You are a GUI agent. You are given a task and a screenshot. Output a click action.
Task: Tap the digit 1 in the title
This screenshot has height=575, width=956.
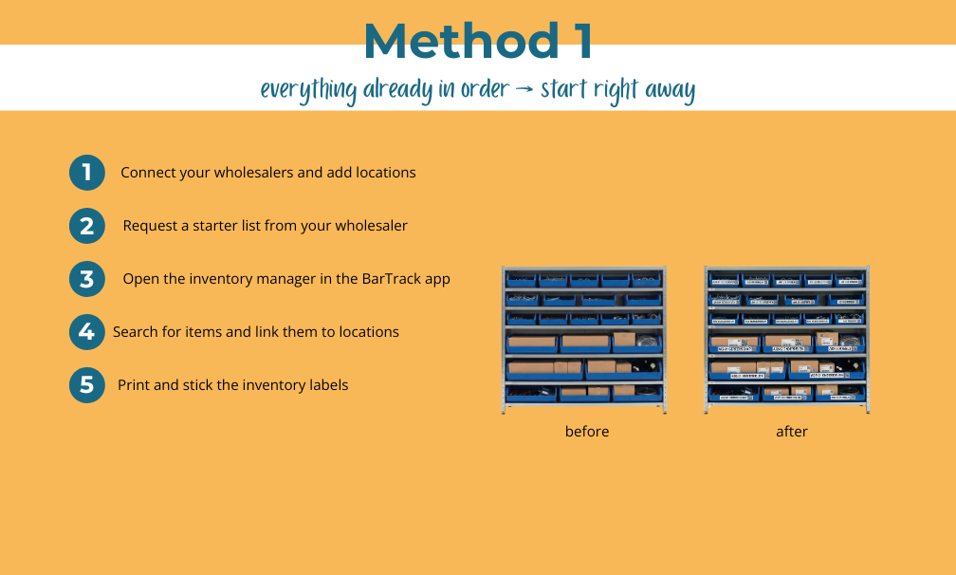[x=580, y=41]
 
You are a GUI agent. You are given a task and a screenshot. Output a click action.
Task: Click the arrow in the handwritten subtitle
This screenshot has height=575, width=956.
[x=524, y=90]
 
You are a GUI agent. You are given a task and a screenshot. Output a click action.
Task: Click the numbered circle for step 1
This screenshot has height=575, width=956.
[x=87, y=173]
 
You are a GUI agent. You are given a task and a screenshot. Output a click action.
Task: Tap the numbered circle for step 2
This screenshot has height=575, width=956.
[x=87, y=226]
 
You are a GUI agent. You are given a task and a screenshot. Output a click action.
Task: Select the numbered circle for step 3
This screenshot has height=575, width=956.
[x=87, y=279]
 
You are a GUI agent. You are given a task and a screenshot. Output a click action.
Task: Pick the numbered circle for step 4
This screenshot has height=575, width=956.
[x=87, y=332]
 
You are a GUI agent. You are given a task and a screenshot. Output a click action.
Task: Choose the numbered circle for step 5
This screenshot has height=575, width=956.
[x=87, y=385]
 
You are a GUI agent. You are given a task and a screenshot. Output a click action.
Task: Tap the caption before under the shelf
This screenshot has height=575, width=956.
[x=587, y=432]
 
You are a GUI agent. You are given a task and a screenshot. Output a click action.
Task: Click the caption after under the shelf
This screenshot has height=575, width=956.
[x=792, y=432]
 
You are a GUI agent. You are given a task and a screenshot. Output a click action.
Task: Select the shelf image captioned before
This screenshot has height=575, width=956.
[x=584, y=340]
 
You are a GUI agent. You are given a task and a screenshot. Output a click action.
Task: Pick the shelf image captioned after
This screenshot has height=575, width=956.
[x=787, y=340]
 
